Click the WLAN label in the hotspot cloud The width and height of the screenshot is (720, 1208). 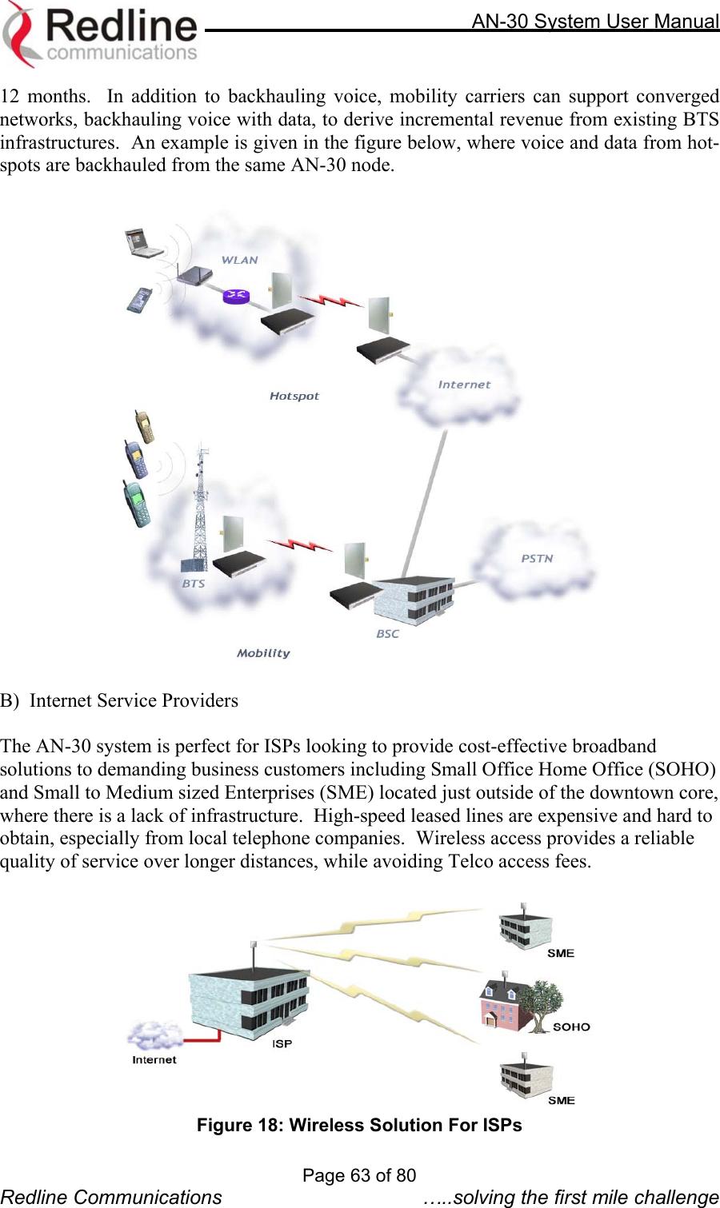[239, 260]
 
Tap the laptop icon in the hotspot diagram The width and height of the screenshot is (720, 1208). [142, 242]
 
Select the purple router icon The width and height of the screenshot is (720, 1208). [236, 296]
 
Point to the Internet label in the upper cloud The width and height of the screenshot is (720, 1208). [464, 385]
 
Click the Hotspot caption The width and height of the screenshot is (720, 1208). [294, 396]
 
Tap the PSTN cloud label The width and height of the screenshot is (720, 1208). [537, 558]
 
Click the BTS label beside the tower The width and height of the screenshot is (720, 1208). [194, 584]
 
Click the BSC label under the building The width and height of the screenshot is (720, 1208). [388, 634]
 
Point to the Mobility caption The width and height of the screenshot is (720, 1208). [263, 653]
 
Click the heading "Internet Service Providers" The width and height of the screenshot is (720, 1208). [134, 700]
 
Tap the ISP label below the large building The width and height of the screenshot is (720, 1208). [282, 1044]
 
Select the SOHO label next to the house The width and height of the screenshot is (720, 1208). [571, 1027]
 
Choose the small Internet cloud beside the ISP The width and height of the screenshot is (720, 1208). [151, 1037]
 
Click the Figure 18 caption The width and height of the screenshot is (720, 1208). [359, 1125]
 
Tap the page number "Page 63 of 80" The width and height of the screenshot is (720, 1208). [359, 1175]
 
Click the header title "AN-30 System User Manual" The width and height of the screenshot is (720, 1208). [595, 22]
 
